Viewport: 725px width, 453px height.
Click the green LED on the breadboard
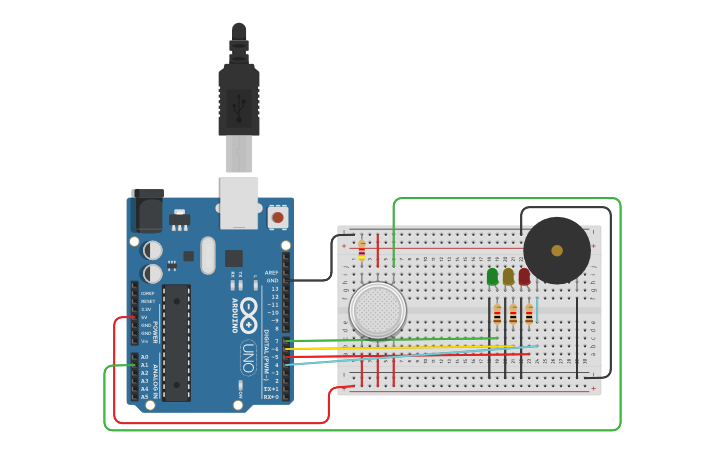(492, 276)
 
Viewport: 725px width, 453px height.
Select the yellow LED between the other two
(508, 276)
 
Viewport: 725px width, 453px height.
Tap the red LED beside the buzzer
(524, 276)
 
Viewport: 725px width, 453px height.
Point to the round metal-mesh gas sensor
(378, 310)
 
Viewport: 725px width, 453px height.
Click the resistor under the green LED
(497, 315)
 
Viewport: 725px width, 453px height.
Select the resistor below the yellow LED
(513, 315)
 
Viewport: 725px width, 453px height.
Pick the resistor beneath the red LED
(529, 315)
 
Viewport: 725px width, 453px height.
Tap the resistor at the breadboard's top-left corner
(361, 248)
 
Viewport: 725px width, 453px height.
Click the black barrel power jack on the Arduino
(147, 211)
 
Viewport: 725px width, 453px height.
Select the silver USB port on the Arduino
(239, 200)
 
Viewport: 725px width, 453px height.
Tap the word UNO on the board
(247, 356)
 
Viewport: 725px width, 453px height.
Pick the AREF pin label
(271, 272)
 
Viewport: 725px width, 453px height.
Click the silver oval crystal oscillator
(207, 254)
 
